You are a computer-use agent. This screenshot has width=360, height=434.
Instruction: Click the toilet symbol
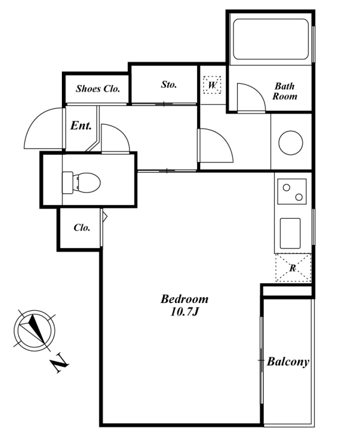(x=81, y=182)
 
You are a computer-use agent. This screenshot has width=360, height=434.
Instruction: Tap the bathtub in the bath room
(x=271, y=39)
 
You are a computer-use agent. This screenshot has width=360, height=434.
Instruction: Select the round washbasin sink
(x=290, y=143)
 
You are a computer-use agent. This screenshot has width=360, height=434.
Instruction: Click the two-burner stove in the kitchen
(x=292, y=192)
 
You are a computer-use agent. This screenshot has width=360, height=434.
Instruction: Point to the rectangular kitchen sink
(x=290, y=233)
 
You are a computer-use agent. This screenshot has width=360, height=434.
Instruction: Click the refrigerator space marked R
(x=293, y=268)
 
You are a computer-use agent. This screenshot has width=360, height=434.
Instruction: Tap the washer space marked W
(x=212, y=85)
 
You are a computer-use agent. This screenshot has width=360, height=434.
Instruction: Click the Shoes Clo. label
(x=98, y=88)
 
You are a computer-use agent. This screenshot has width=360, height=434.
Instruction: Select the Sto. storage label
(x=169, y=84)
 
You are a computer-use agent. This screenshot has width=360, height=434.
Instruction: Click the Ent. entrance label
(x=81, y=125)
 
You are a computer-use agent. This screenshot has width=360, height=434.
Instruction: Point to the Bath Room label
(x=285, y=91)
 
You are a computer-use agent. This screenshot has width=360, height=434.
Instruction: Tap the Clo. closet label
(x=82, y=227)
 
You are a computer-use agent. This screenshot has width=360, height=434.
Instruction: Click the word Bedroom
(x=185, y=299)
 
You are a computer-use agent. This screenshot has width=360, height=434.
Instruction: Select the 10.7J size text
(x=185, y=312)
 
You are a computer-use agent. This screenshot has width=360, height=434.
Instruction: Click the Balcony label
(x=288, y=362)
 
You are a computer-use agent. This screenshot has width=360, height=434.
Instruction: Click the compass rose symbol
(x=35, y=330)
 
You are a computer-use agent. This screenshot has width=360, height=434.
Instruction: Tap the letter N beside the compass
(x=59, y=362)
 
